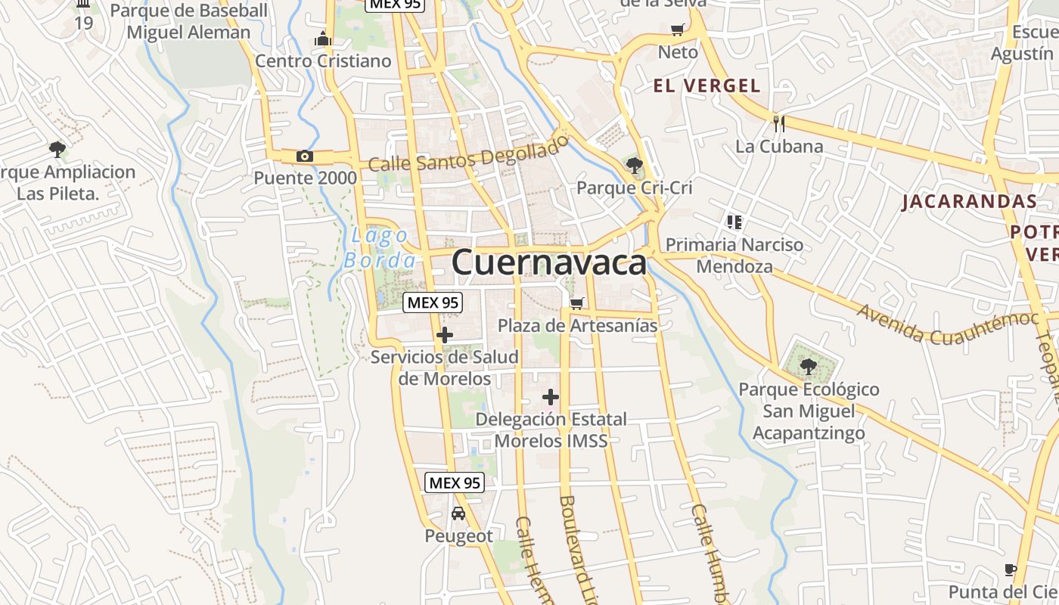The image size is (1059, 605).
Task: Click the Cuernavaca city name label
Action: tap(549, 263)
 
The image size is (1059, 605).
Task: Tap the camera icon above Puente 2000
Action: tap(304, 157)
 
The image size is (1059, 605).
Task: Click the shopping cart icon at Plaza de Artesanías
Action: tap(576, 303)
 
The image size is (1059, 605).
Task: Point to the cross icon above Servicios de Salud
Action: tap(445, 334)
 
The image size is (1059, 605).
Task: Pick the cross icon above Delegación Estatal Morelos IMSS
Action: tap(551, 396)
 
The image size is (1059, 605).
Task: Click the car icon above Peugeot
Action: tap(458, 513)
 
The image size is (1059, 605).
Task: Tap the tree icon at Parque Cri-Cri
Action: tap(634, 164)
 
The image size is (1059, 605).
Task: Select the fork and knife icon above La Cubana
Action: tap(779, 123)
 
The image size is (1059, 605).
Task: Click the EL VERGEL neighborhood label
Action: tap(707, 85)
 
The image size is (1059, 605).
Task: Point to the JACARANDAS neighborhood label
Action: tap(969, 201)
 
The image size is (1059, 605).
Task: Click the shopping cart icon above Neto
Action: tap(678, 30)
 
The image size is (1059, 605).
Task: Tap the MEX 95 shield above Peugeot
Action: tap(454, 482)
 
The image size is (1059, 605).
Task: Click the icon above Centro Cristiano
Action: tap(323, 39)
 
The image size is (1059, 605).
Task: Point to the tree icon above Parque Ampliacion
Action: tap(57, 149)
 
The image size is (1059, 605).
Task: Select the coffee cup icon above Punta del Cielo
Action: tap(1010, 569)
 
